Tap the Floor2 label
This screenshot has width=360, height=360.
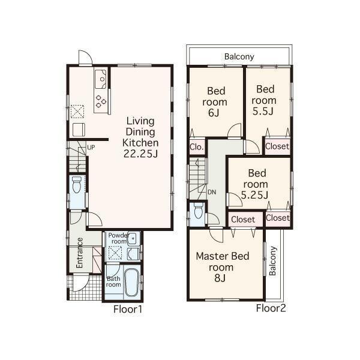coord(271,310)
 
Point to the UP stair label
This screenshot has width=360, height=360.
coord(91,147)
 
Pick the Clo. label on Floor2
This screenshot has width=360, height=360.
coord(196,147)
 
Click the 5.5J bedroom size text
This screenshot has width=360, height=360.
coord(263,111)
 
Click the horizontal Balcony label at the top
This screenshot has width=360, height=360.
coord(239,57)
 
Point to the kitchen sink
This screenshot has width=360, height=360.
coord(101,78)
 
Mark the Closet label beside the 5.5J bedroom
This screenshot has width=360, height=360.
coord(277,146)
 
